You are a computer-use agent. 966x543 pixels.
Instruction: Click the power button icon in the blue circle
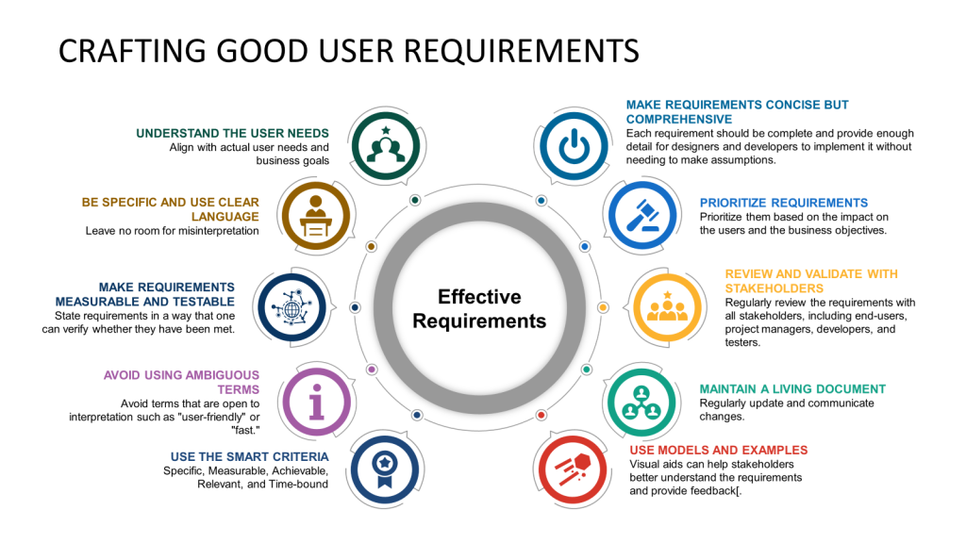tap(574, 146)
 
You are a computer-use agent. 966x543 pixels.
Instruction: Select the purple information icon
tap(317, 402)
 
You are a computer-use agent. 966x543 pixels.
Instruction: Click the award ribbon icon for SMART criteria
tap(385, 470)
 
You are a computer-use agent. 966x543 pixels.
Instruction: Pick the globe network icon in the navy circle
tap(291, 307)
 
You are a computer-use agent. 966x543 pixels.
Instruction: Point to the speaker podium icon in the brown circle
tap(315, 216)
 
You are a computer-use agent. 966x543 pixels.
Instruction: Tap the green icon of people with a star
tap(386, 145)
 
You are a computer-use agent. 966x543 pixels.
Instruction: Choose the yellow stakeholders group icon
tap(667, 307)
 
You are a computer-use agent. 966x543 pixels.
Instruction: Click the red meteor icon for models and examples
tap(573, 469)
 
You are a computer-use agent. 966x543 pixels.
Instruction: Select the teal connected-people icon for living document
tap(641, 403)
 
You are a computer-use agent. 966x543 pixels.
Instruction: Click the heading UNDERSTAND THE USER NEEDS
tap(232, 133)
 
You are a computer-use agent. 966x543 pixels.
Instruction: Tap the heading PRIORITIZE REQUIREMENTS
tap(784, 203)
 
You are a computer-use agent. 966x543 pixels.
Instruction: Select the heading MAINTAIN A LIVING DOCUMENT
tap(792, 389)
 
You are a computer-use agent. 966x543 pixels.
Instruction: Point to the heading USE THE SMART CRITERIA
tap(249, 457)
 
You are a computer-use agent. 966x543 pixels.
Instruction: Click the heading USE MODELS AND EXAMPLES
tap(718, 450)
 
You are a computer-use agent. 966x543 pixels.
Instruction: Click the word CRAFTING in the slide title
tap(132, 51)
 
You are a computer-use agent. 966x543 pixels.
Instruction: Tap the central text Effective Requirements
tap(479, 308)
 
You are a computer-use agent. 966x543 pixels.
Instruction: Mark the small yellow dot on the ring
tap(603, 307)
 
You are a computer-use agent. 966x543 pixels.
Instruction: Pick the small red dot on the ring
tap(541, 415)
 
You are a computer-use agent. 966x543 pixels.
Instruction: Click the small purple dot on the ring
tap(372, 370)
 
